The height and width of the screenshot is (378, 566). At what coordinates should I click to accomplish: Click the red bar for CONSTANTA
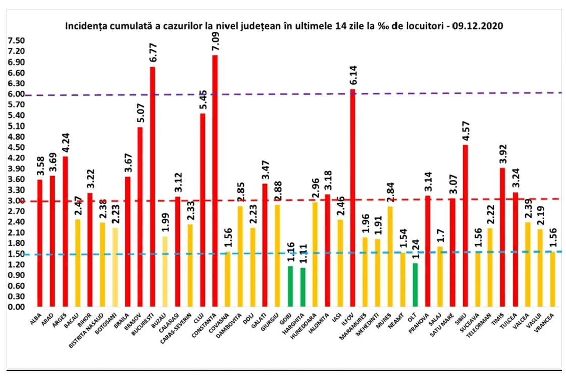pos(215,181)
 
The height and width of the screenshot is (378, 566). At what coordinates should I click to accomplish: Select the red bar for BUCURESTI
pos(152,187)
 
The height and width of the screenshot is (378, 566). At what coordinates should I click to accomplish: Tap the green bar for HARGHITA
pos(303,287)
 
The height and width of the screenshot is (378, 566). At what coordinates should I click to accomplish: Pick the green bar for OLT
pos(415,285)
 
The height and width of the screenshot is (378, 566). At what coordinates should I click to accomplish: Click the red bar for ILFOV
pos(352,198)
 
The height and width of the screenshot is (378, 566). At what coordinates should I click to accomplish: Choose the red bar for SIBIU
pos(465,226)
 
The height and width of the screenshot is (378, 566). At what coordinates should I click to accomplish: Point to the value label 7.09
pos(215,42)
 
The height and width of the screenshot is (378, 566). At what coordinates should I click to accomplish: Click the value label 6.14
pos(353,75)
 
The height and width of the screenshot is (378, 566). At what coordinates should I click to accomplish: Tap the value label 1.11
pos(303,254)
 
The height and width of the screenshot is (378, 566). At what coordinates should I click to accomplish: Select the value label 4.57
pos(466,131)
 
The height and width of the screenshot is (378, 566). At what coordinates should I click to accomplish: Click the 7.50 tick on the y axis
pos(16,41)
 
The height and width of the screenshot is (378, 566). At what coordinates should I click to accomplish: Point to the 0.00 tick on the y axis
pos(16,307)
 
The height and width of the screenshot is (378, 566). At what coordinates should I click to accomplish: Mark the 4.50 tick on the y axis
pos(16,148)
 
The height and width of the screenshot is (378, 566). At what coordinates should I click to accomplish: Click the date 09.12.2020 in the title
pos(479,26)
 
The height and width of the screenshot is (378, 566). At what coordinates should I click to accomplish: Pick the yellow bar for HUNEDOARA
pos(315,255)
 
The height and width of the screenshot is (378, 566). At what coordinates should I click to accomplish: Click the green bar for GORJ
pos(290,286)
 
